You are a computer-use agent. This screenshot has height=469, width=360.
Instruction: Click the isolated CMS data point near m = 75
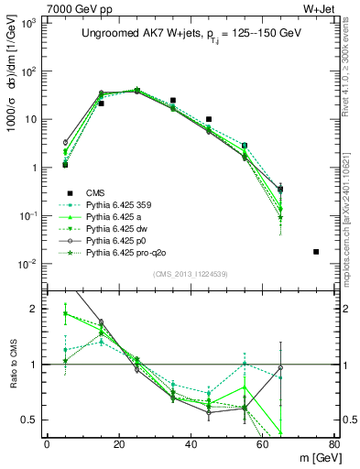point(316,251)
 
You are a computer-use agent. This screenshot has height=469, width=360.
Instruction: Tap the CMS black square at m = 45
point(209,119)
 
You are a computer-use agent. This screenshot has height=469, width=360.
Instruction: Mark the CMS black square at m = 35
point(173,101)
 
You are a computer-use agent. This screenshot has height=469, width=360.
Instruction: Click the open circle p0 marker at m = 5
point(65,143)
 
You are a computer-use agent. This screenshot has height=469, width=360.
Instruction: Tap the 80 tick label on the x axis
point(333,445)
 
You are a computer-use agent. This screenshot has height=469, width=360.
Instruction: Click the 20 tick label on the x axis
point(118,445)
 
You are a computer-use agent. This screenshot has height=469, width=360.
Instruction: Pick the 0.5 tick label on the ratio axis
point(32,420)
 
